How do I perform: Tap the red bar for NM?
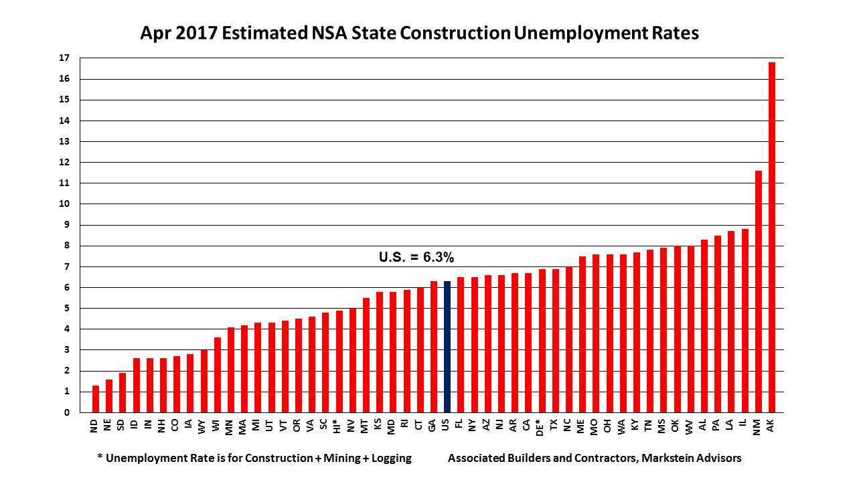pos(758,291)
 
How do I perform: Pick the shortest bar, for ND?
pos(95,399)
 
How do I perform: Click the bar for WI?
pos(217,375)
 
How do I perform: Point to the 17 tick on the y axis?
pos(64,58)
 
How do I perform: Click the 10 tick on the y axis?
pos(64,204)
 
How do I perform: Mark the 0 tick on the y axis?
pos(67,412)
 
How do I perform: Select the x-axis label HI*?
pos(339,428)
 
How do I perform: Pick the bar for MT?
pos(366,355)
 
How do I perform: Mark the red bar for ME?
pos(582,334)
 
